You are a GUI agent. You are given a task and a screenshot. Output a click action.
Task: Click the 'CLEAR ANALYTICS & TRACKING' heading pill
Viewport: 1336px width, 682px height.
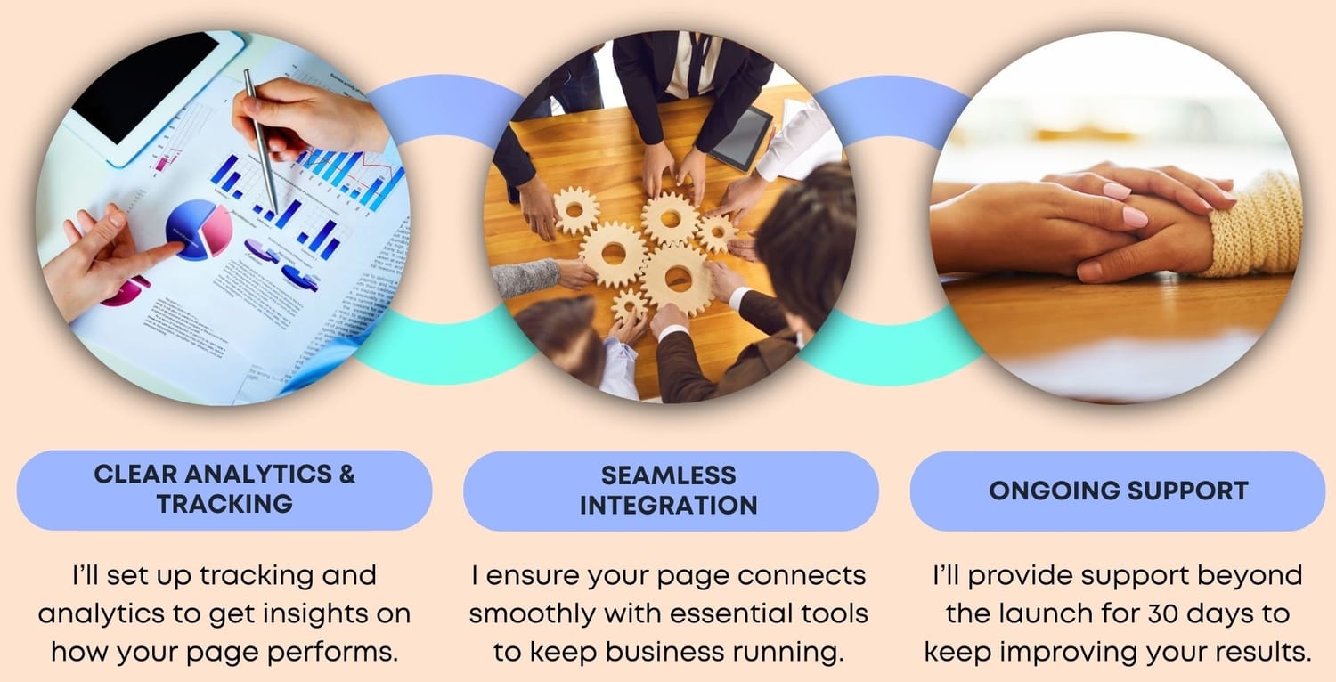pyautogui.click(x=224, y=490)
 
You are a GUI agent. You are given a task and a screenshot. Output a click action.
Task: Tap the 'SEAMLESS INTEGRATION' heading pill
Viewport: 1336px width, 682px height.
pyautogui.click(x=671, y=491)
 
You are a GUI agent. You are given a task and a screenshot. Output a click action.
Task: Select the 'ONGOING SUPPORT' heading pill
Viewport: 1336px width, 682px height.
pyautogui.click(x=1118, y=491)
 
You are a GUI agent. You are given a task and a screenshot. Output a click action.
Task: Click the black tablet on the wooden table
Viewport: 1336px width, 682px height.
pyautogui.click(x=742, y=138)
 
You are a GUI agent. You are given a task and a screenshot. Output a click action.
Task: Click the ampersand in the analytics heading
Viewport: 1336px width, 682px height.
pyautogui.click(x=346, y=474)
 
